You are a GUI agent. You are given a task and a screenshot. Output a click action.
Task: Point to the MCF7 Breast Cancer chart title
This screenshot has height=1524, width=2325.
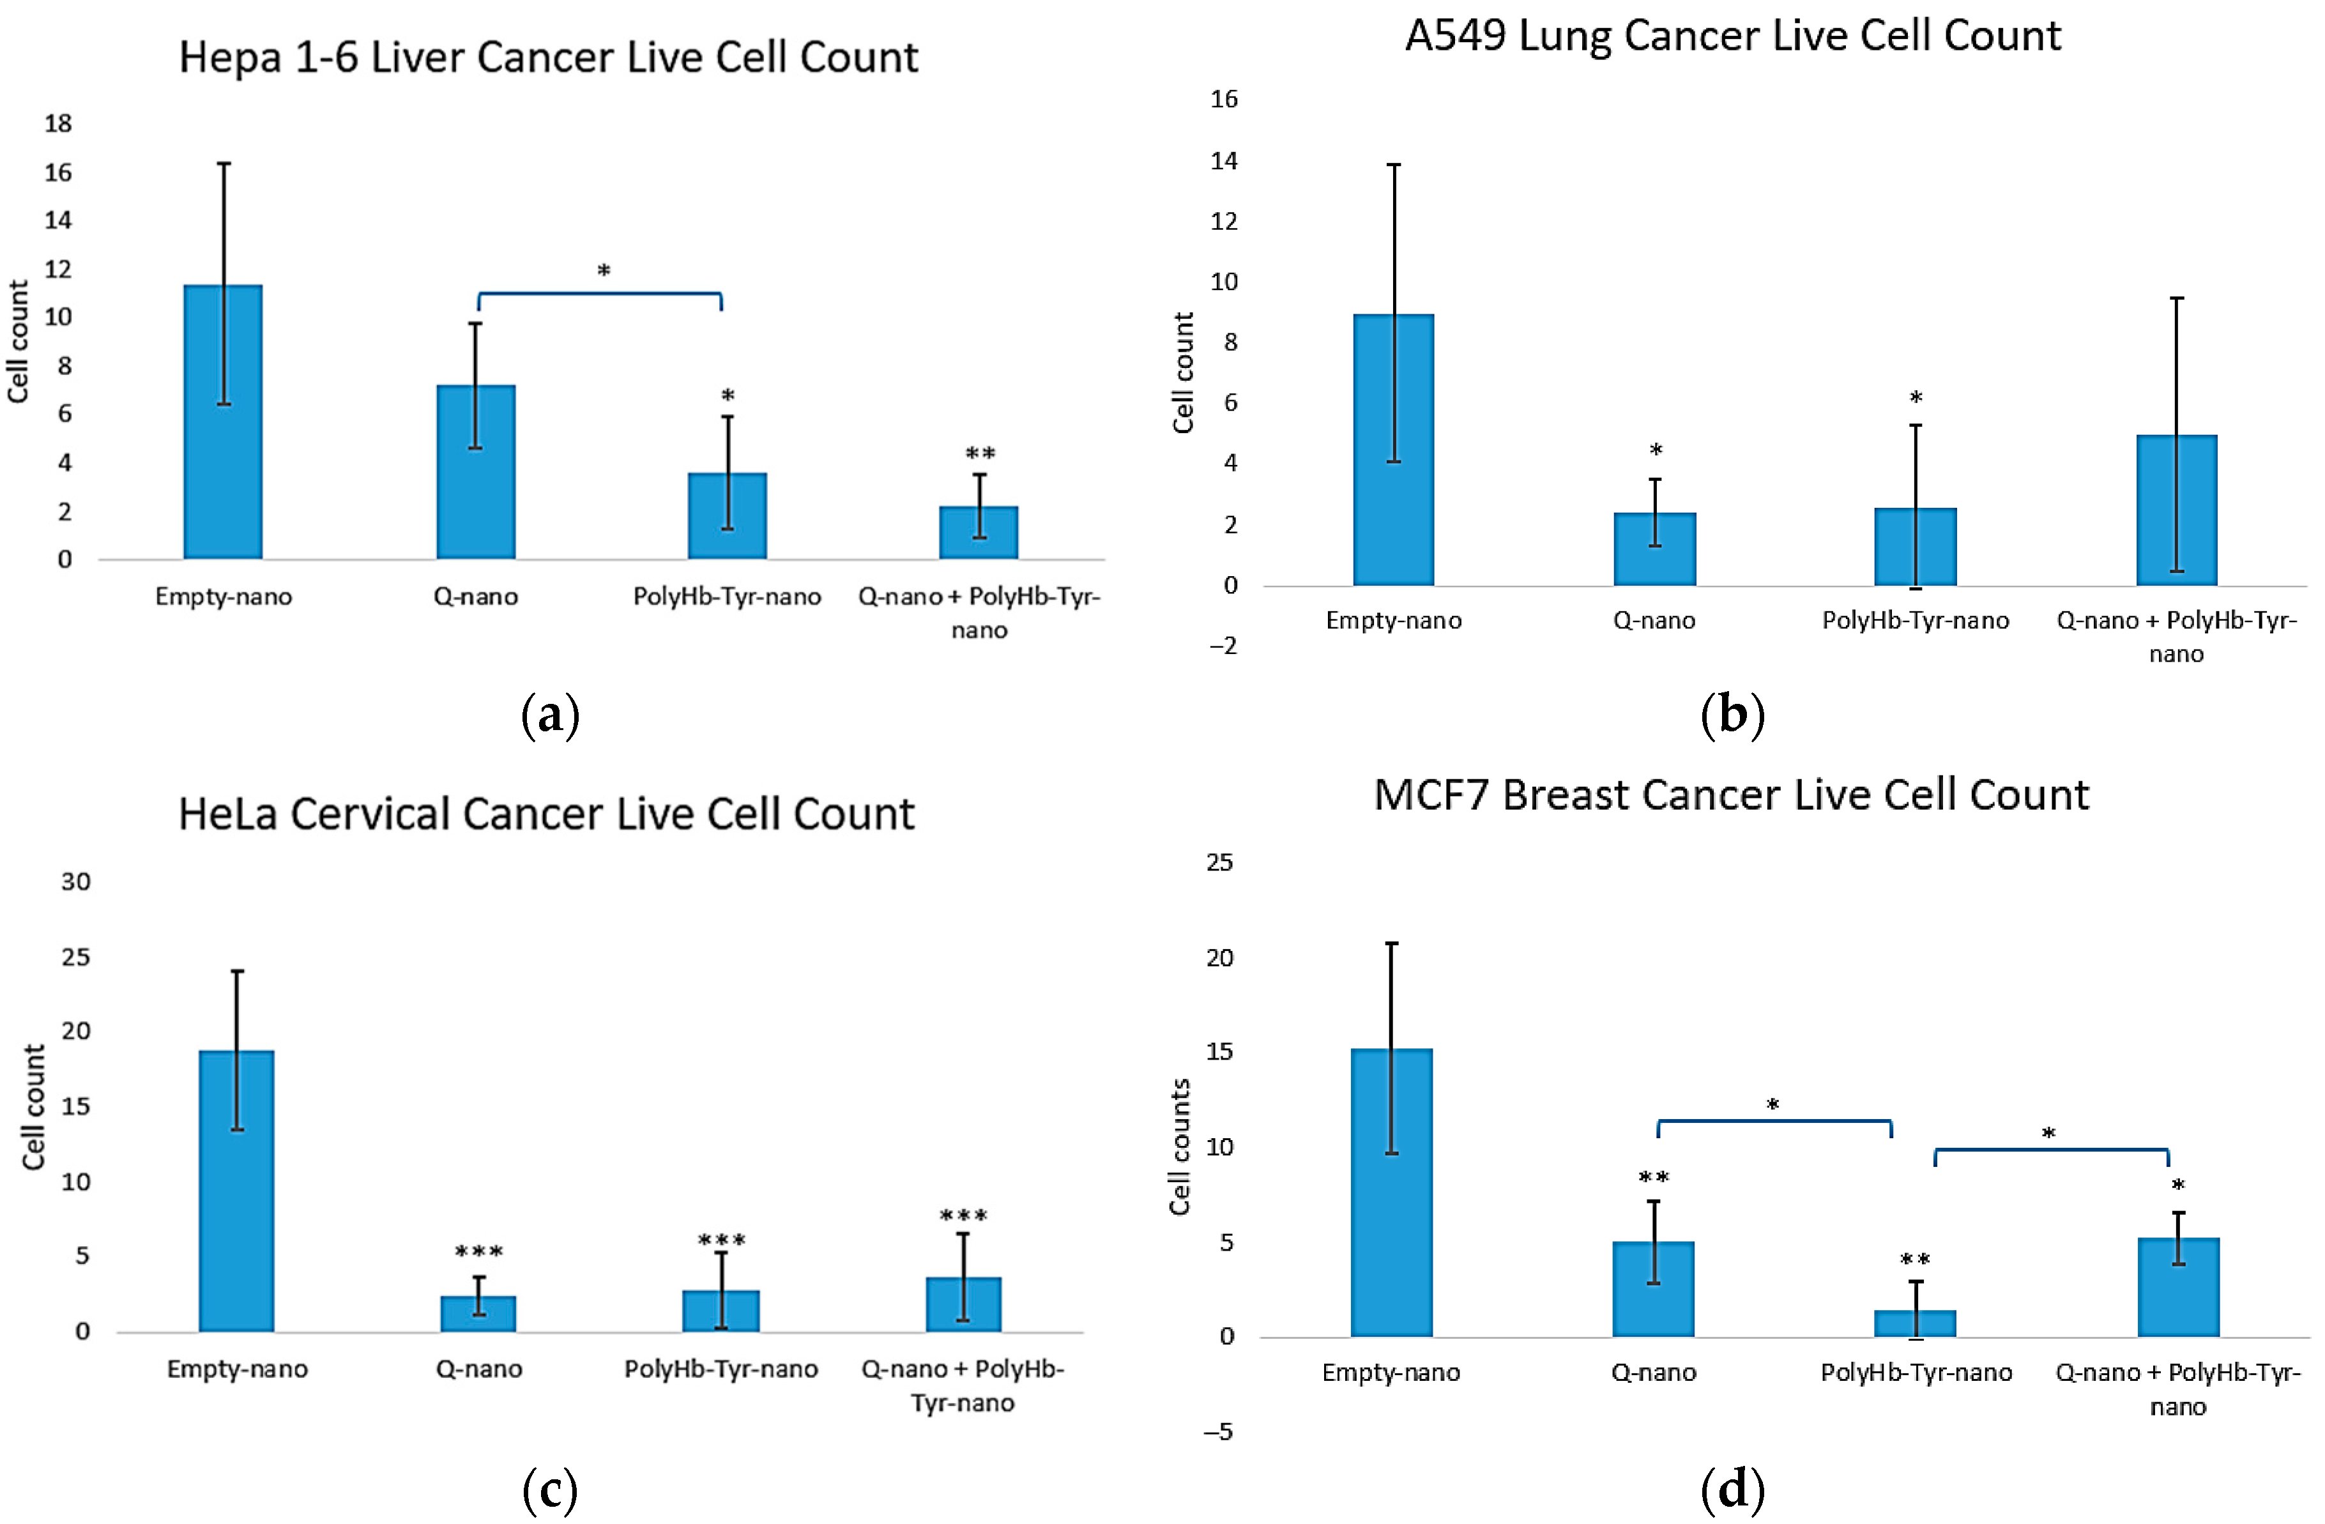pos(1730,795)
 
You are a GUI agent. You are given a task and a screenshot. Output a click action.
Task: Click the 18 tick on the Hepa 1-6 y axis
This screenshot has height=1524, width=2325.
pos(59,124)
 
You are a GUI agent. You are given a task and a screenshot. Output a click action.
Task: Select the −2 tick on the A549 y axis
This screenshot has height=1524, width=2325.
pos(1223,646)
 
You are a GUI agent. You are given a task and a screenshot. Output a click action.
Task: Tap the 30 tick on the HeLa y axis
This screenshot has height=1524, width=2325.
pos(75,882)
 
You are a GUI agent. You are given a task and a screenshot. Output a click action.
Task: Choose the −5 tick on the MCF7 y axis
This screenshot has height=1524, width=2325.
pos(1217,1432)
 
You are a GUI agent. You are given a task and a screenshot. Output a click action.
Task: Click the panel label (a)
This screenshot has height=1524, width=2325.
pos(550,715)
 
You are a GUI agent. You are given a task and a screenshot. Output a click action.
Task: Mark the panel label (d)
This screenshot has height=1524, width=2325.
pos(1732,1490)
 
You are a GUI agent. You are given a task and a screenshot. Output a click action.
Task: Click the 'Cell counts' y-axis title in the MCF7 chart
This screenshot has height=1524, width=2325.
pos(1180,1147)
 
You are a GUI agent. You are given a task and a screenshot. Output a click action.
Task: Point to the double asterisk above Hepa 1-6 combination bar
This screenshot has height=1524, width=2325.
pos(980,454)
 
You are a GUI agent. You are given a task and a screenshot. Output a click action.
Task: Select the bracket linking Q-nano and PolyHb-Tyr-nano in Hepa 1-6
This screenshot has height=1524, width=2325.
pos(600,293)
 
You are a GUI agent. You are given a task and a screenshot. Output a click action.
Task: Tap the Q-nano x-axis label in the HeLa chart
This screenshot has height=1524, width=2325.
pos(478,1369)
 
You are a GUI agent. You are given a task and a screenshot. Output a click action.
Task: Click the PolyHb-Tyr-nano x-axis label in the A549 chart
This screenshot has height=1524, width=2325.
pos(1915,620)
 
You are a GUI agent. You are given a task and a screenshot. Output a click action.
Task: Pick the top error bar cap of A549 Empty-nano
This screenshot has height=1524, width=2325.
pos(1394,164)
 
